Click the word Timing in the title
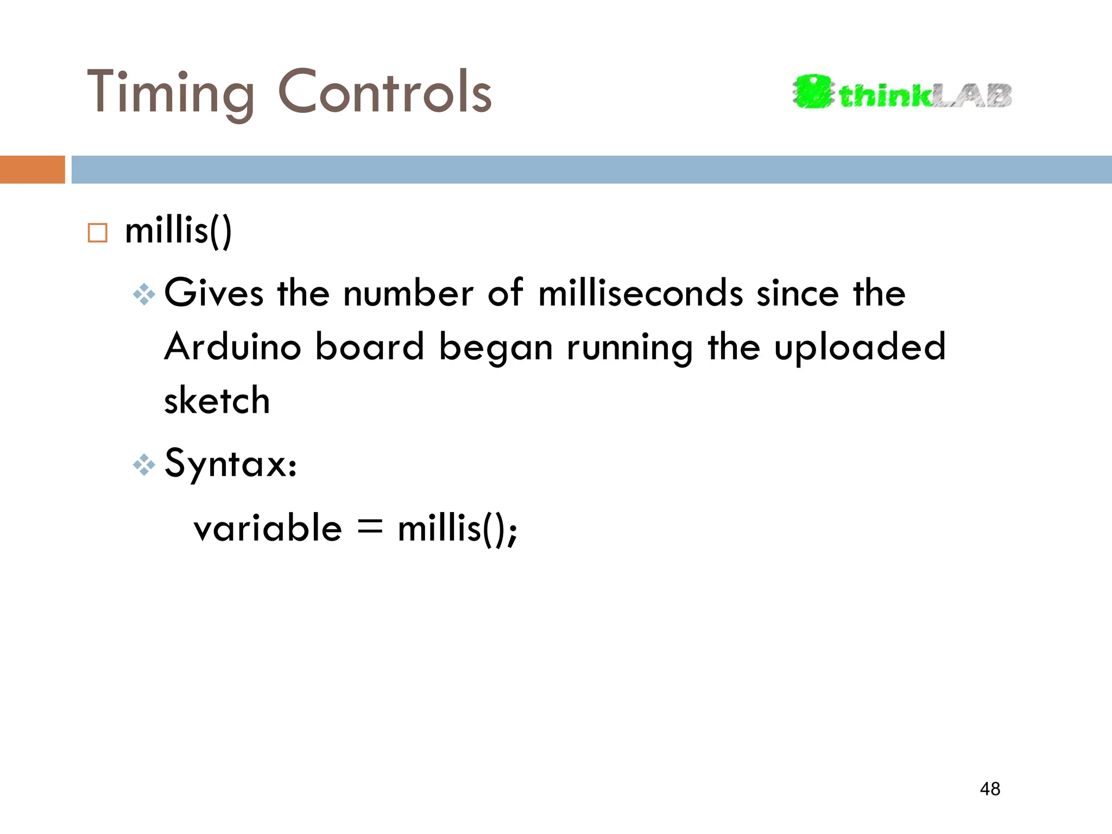pos(170,93)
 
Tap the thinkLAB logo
pos(902,93)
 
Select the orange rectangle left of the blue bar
pos(32,169)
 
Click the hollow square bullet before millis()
pos(98,232)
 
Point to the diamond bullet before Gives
pos(144,295)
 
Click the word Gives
pos(214,293)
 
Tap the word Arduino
pos(233,347)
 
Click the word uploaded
pos(860,348)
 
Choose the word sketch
pos(217,401)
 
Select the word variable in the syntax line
pos(268,528)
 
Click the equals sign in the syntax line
pos(370,527)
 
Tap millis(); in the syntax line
pos(458,528)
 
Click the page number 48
pos(990,789)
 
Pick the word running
pos(630,348)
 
